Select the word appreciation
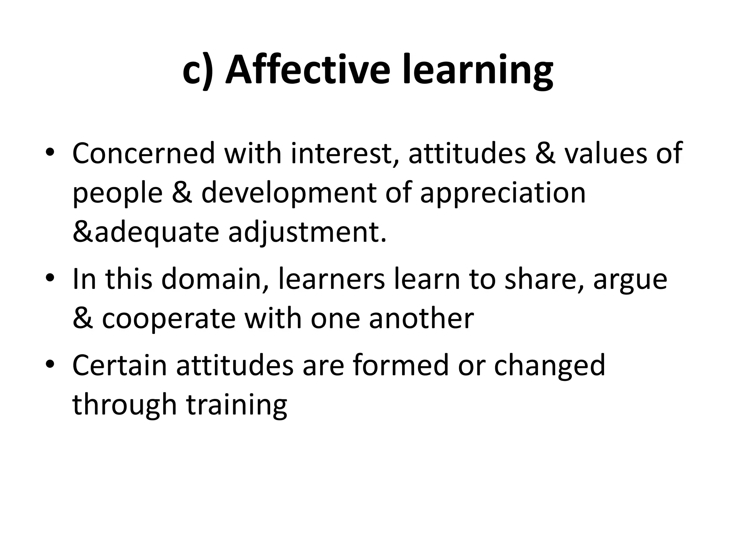click(503, 193)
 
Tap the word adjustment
click(307, 233)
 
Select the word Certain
click(120, 365)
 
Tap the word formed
click(400, 365)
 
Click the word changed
click(550, 365)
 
